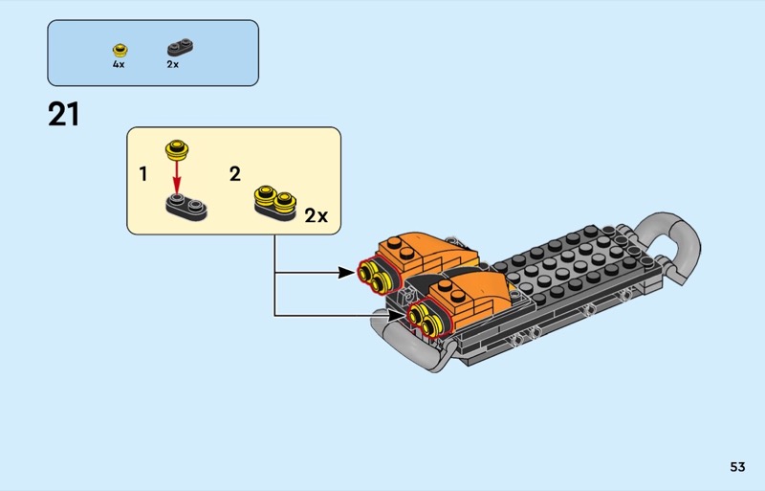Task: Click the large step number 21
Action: coord(63,115)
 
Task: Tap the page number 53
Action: coord(736,467)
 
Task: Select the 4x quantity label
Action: coord(119,65)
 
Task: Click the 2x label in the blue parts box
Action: coord(173,65)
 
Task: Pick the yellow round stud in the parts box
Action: coord(120,50)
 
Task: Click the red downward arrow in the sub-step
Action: coord(175,175)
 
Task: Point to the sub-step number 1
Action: coord(143,175)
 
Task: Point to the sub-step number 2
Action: coord(235,174)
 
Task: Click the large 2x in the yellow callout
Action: coord(316,216)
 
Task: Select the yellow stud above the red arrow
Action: coord(175,148)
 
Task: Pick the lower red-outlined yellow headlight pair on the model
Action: coord(424,319)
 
